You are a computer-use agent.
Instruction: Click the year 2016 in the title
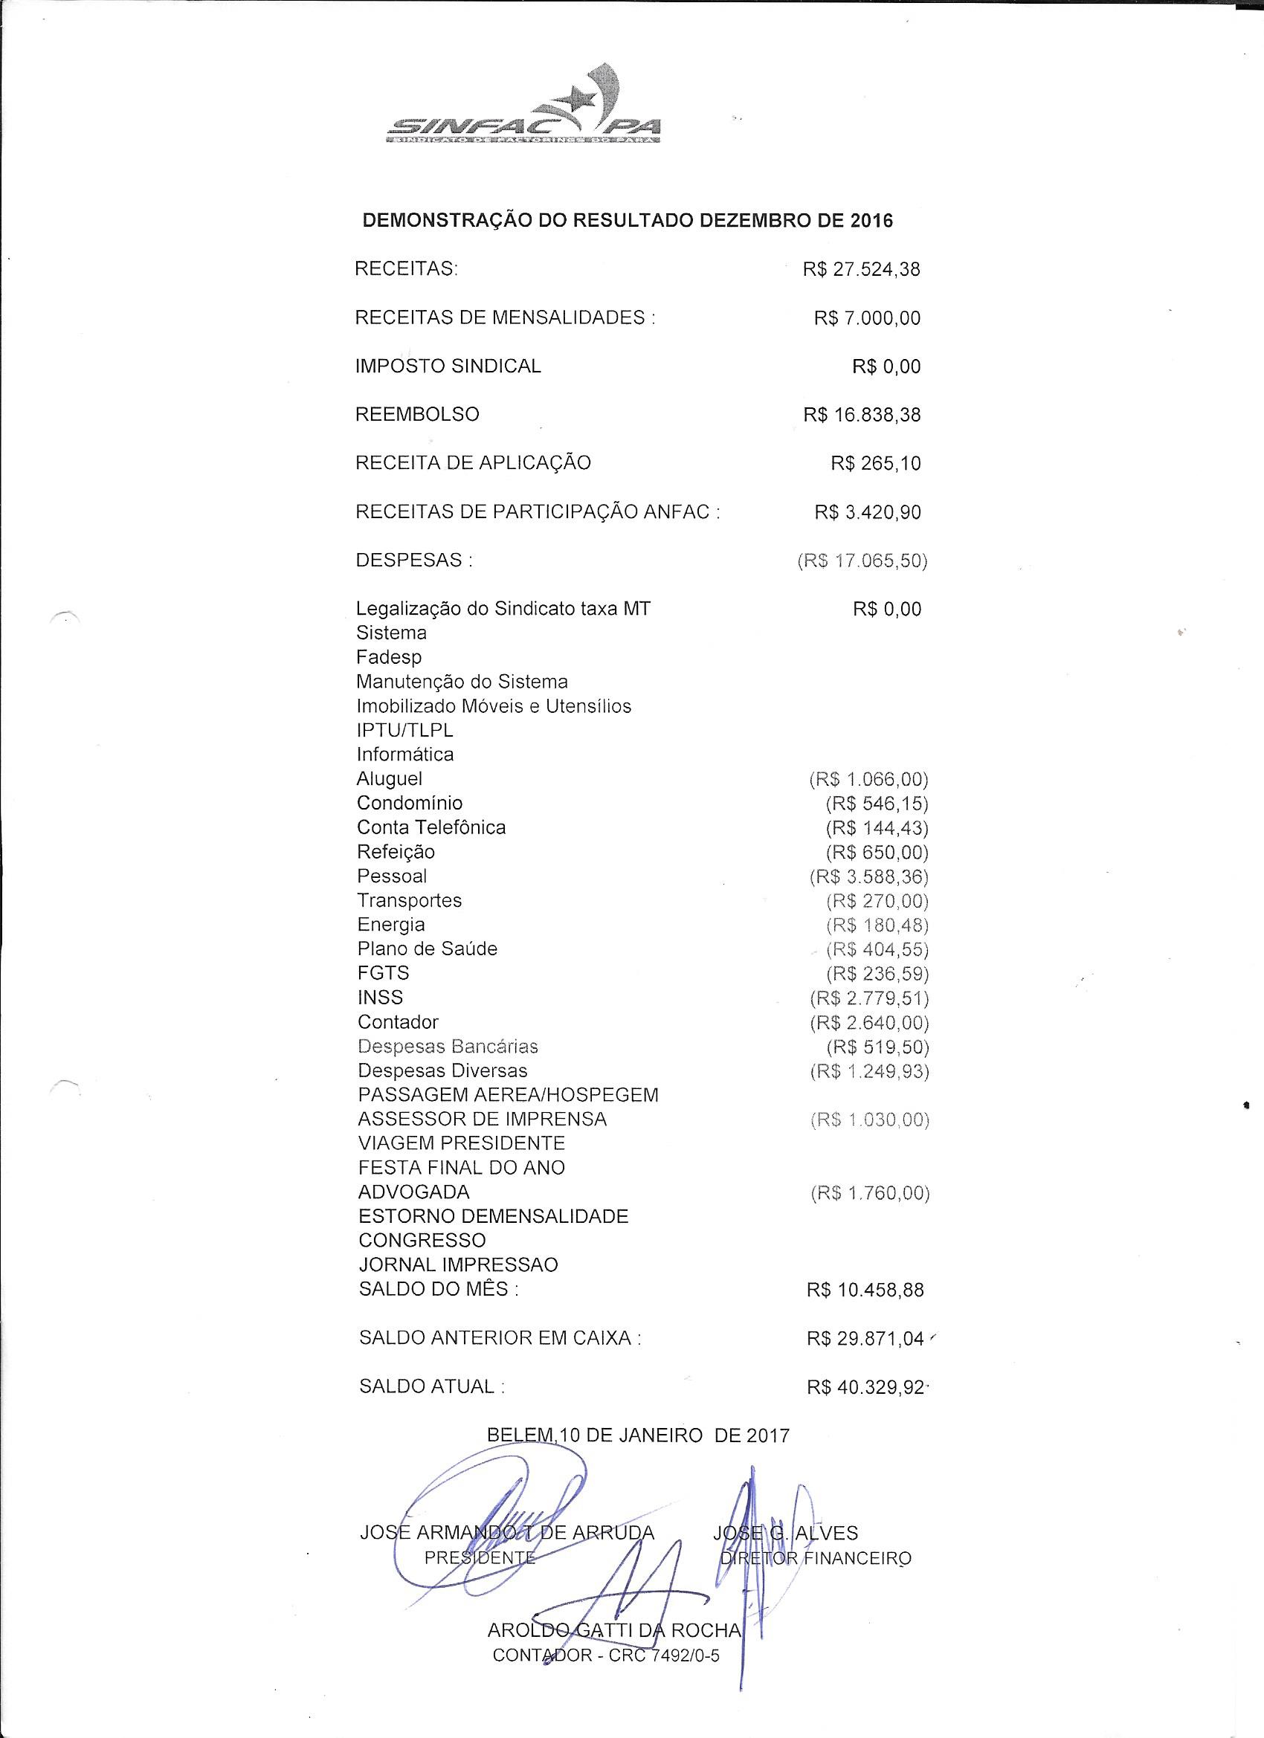(x=871, y=222)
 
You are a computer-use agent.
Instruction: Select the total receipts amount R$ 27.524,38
(x=862, y=270)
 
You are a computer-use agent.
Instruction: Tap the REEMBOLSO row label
(x=417, y=415)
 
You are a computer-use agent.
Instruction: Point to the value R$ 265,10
(x=875, y=464)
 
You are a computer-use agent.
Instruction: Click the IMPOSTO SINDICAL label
(x=448, y=366)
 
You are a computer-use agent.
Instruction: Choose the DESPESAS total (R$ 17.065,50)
(x=862, y=561)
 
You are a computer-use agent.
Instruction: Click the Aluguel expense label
(x=390, y=779)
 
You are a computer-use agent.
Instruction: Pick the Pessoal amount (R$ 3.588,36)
(x=869, y=876)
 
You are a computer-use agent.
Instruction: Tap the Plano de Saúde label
(x=427, y=949)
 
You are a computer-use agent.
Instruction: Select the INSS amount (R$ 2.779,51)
(x=869, y=998)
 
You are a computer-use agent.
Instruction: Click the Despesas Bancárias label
(x=448, y=1047)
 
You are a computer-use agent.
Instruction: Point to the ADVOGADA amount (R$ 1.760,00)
(x=870, y=1193)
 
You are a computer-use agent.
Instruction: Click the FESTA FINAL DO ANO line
(x=462, y=1168)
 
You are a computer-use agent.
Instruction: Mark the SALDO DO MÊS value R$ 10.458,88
(x=865, y=1290)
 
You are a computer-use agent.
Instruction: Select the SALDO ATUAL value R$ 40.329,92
(x=865, y=1388)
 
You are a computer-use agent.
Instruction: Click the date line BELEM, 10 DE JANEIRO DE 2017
(x=638, y=1435)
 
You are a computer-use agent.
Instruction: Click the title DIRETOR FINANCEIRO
(x=816, y=1558)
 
